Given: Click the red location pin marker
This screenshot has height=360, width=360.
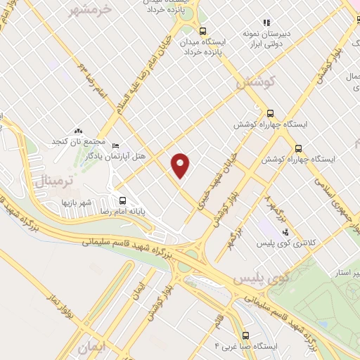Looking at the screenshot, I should coord(181,164).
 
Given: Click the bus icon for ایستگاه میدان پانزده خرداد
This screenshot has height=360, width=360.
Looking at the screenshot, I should coord(202,31).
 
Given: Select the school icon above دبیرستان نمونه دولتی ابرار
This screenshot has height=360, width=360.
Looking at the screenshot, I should coord(266,22).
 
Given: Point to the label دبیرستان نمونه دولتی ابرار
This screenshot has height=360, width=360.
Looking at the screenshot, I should coord(266,39).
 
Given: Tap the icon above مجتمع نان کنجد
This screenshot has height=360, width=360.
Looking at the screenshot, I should coord(78,131).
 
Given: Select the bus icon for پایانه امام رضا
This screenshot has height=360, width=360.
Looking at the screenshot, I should coord(123,200).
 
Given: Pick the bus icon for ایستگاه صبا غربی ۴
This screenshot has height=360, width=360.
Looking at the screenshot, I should coord(245,335).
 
